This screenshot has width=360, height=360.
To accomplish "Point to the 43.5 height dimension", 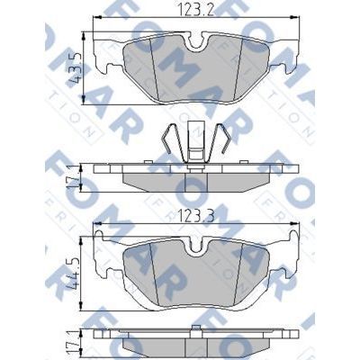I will coord(76,59).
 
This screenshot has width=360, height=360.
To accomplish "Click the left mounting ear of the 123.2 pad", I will coord(106,58).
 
